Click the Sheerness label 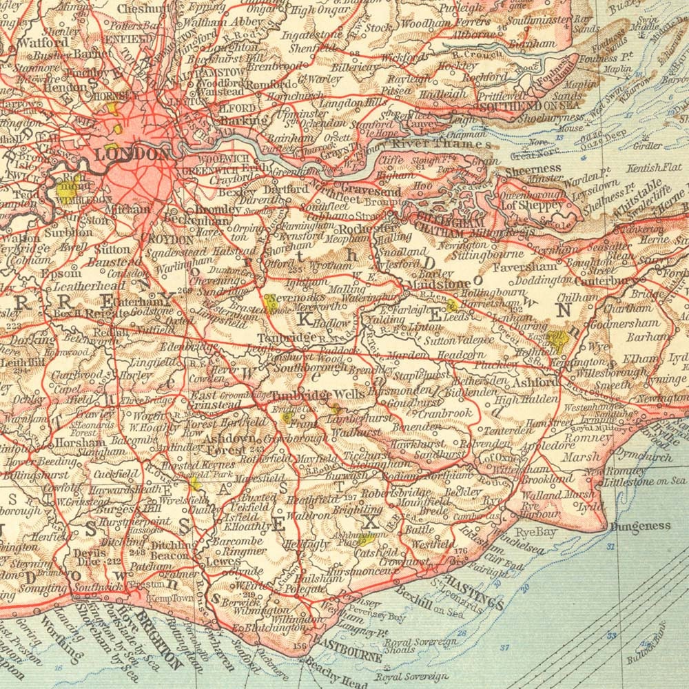[x=533, y=169]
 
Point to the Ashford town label [x=536, y=382]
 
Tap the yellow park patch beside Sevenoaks [x=269, y=302]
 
